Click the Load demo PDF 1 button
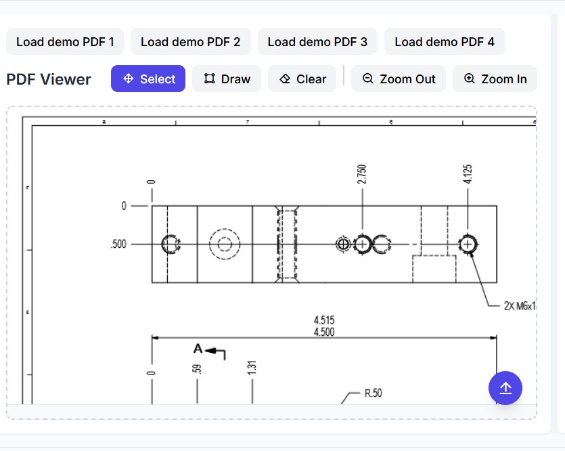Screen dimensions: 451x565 coord(65,42)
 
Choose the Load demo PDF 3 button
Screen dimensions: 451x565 coord(317,42)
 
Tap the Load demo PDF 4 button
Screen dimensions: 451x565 coord(444,42)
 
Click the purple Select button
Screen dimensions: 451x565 coord(148,79)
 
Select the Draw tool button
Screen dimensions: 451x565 coord(227,79)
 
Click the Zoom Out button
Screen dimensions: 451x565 coord(399,79)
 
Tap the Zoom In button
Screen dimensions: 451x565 coord(495,79)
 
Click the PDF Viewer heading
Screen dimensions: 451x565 coord(49,79)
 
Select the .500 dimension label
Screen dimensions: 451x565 coord(118,244)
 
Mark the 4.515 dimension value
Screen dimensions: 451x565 coord(323,320)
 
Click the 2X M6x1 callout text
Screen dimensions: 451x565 coord(519,306)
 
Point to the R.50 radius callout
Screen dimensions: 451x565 coord(373,393)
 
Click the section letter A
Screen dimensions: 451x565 coord(198,349)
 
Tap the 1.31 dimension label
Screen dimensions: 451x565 coord(252,368)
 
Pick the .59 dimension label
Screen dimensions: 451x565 coord(197,369)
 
